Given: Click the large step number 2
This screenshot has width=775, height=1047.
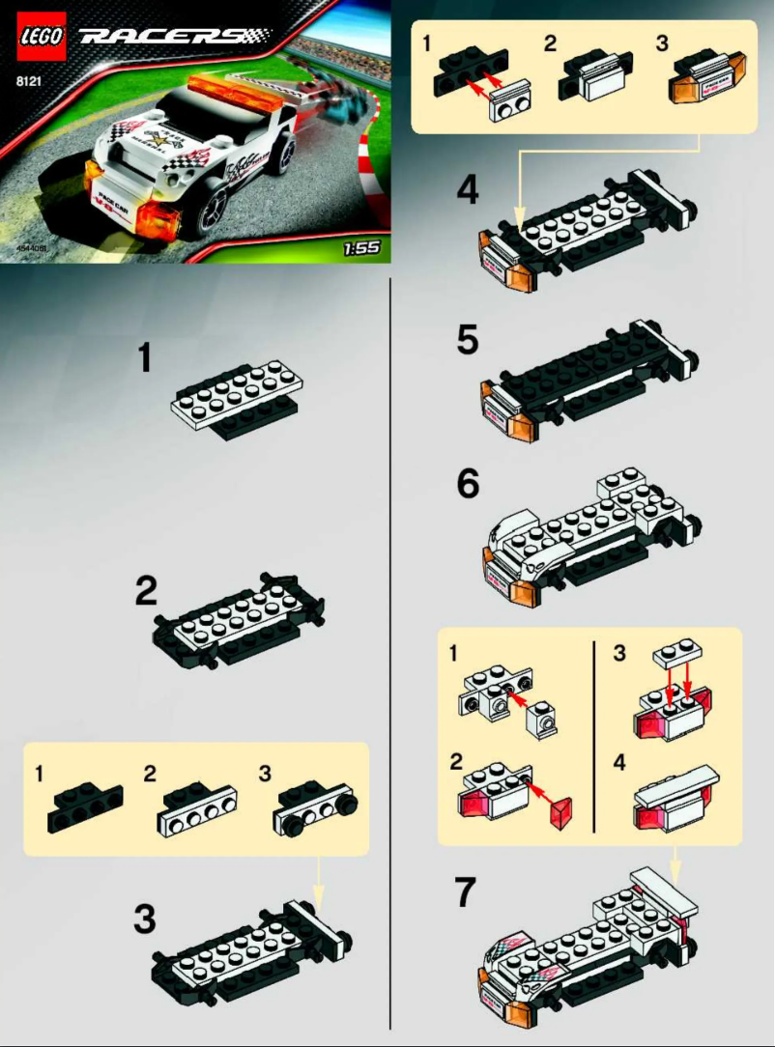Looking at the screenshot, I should pos(146,590).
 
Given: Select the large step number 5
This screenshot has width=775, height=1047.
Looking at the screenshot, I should pos(468,340).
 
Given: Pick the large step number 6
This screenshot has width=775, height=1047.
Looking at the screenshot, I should pos(468,483).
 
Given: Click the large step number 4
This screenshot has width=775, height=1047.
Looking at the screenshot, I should pos(468,189).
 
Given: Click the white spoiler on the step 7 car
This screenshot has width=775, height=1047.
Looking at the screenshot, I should pos(664,890).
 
